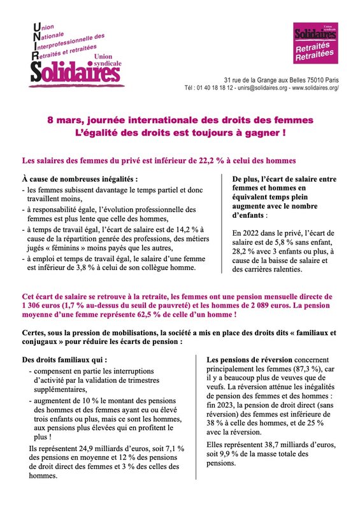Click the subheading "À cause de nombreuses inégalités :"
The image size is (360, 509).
coord(80,180)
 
